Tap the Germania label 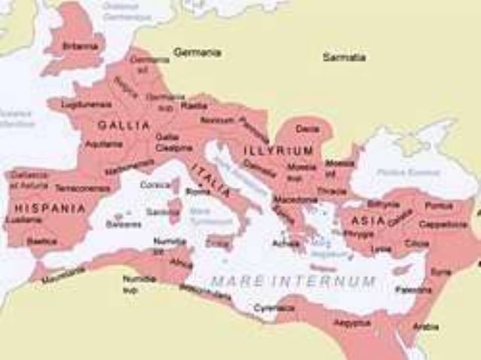197,53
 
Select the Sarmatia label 344,56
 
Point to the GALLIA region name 124,125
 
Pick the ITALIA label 210,176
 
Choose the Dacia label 307,129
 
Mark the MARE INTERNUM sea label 293,281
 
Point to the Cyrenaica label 273,307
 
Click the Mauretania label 63,277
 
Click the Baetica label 41,241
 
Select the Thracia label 332,191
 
